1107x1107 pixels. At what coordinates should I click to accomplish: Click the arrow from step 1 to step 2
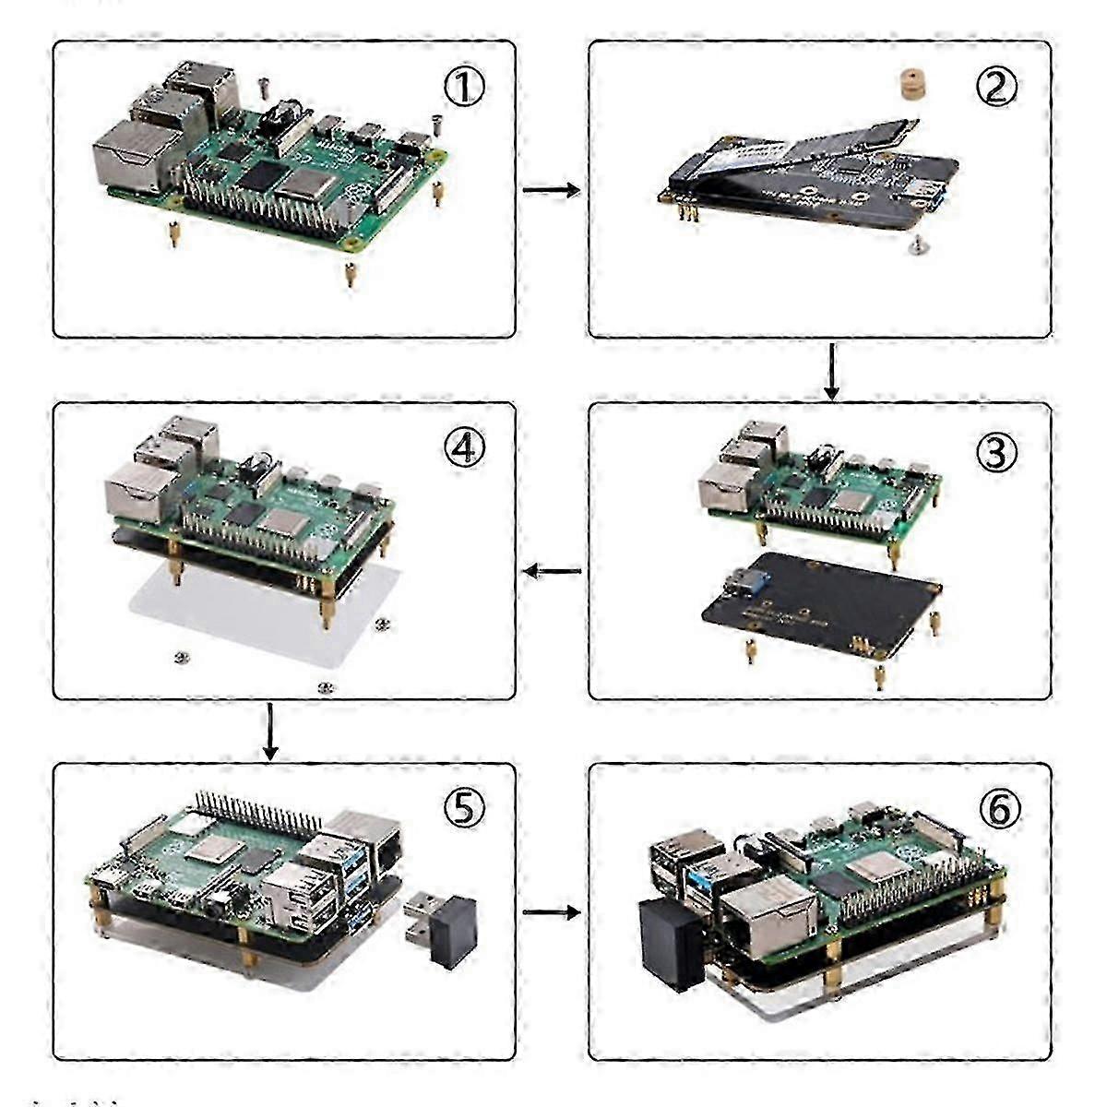[x=551, y=190]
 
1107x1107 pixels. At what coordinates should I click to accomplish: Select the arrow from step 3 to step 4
[x=552, y=573]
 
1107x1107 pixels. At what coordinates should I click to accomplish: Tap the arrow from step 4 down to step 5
[x=269, y=731]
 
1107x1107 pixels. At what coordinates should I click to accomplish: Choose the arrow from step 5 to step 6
[x=551, y=912]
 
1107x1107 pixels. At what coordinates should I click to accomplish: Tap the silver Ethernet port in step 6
[x=762, y=921]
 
